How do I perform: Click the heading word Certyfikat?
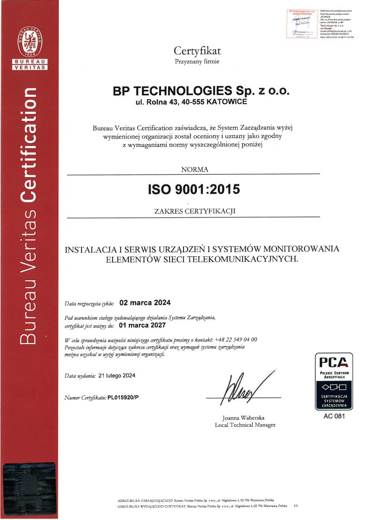[x=197, y=51]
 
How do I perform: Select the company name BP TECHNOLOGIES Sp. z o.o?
[x=202, y=91]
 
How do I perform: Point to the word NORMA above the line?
[x=194, y=169]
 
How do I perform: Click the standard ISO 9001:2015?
[x=194, y=190]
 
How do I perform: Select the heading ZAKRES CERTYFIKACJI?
[x=194, y=211]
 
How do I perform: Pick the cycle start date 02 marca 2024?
[x=145, y=303]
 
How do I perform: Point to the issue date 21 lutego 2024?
[x=117, y=375]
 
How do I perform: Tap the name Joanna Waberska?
[x=243, y=418]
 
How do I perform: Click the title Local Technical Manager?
[x=245, y=425]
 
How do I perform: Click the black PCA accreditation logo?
[x=334, y=381]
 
